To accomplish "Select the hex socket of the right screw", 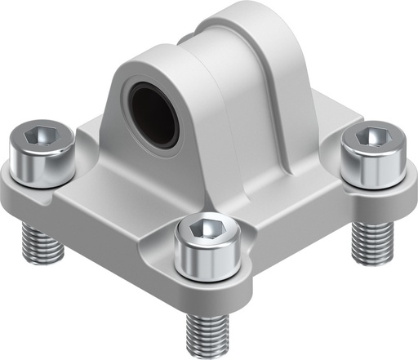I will pos(372,139).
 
